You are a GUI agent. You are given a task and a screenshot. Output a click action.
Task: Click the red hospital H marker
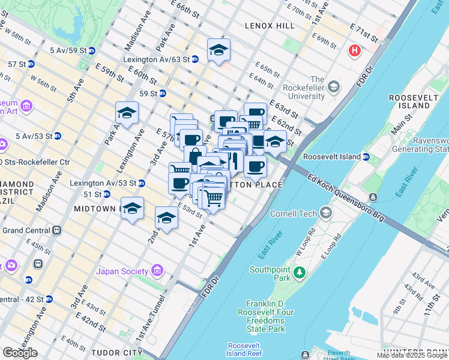pyautogui.click(x=355, y=51)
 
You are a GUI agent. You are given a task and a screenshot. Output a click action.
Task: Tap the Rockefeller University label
pyautogui.click(x=309, y=88)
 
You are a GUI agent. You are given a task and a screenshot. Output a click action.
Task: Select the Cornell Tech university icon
pyautogui.click(x=326, y=213)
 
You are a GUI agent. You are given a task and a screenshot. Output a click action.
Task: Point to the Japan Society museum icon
pyautogui.click(x=158, y=271)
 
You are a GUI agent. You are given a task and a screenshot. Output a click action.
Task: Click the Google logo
pyautogui.click(x=20, y=352)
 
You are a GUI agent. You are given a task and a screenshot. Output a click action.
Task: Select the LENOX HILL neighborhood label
pyautogui.click(x=270, y=26)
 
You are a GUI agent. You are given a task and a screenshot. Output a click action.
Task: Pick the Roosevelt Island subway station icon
pyautogui.click(x=365, y=157)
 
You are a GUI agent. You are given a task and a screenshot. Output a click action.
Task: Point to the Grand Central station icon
pyautogui.click(x=57, y=230)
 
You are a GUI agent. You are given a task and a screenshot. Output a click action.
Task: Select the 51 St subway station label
pyautogui.click(x=92, y=194)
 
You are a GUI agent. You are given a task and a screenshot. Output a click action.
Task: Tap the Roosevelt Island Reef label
pyautogui.click(x=244, y=349)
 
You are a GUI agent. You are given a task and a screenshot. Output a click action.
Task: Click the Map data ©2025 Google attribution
pyautogui.click(x=412, y=355)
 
